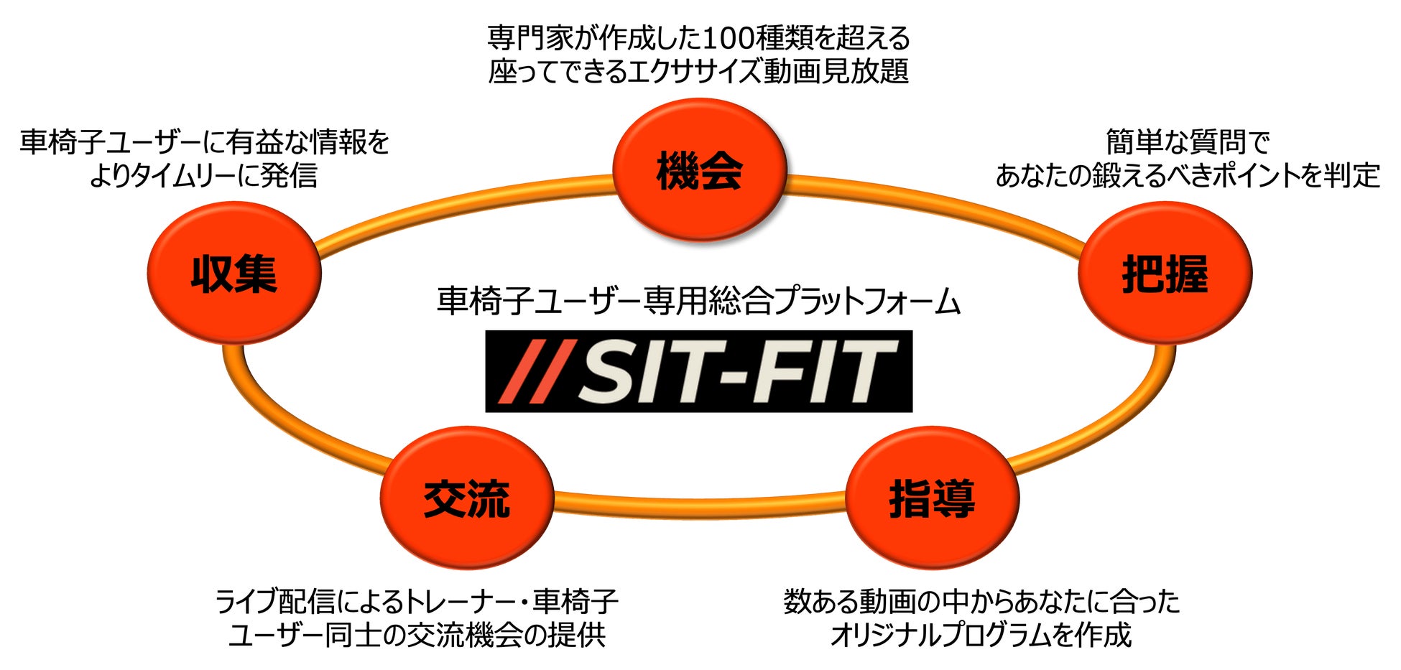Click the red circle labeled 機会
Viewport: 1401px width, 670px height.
pyautogui.click(x=699, y=171)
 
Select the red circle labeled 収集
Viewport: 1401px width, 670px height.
pyautogui.click(x=234, y=273)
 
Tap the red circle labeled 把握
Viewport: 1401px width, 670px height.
pyautogui.click(x=1165, y=273)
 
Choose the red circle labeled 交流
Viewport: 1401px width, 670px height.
pyautogui.click(x=467, y=498)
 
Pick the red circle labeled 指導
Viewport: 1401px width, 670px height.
pyautogui.click(x=932, y=498)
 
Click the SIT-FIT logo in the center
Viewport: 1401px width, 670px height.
pyautogui.click(x=698, y=371)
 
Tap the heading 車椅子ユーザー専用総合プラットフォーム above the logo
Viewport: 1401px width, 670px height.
pyautogui.click(x=698, y=302)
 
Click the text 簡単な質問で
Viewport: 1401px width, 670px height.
pyautogui.click(x=1188, y=141)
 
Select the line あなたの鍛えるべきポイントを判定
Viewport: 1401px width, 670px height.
pyautogui.click(x=1188, y=175)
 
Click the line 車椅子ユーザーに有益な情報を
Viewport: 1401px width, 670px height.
pyautogui.click(x=204, y=142)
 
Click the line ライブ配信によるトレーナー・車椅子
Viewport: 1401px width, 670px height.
pyautogui.click(x=417, y=601)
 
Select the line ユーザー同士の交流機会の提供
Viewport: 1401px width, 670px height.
pyautogui.click(x=417, y=635)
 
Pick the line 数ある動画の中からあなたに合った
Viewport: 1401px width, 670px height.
pyautogui.click(x=981, y=601)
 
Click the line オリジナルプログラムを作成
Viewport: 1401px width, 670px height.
pyautogui.click(x=981, y=635)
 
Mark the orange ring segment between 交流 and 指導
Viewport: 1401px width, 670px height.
pyautogui.click(x=699, y=504)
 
